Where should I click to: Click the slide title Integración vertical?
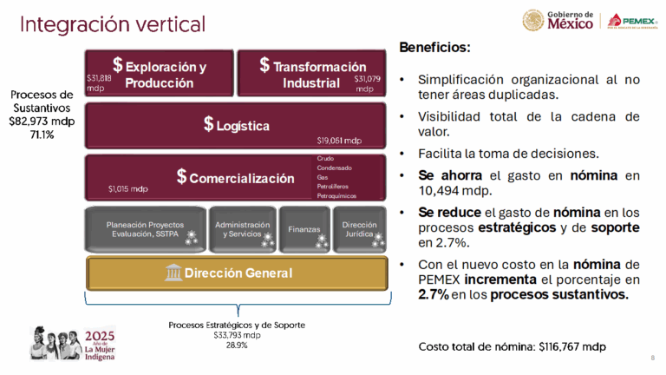coord(113,23)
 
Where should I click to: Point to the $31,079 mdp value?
coord(366,83)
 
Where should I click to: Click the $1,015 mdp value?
coord(127,188)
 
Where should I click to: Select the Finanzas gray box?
coord(304,230)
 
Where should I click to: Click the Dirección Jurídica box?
coord(359,229)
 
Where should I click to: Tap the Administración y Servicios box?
coord(242,229)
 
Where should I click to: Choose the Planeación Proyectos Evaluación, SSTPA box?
coord(145,229)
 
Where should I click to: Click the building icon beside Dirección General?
coord(173,273)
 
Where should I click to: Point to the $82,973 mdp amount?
coord(42,122)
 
